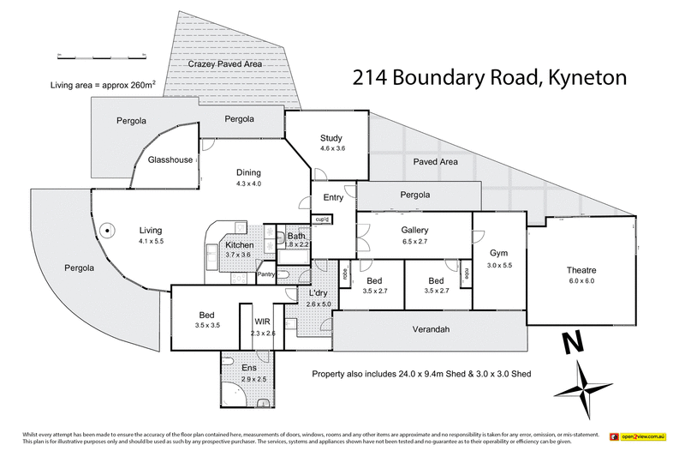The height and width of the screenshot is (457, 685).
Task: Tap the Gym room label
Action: point(499,254)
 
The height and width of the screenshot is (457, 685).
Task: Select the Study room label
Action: point(331,138)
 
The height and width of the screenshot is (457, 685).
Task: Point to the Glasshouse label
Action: point(170,160)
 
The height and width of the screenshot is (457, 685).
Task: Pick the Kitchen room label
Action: point(238,244)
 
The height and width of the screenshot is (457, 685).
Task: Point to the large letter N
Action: point(571,345)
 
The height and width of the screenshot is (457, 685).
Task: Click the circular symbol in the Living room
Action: point(106,230)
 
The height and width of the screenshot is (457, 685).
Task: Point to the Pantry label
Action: point(266,274)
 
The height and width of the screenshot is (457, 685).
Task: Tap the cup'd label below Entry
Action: point(323,219)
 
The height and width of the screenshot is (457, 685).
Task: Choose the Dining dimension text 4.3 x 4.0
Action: point(248,183)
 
